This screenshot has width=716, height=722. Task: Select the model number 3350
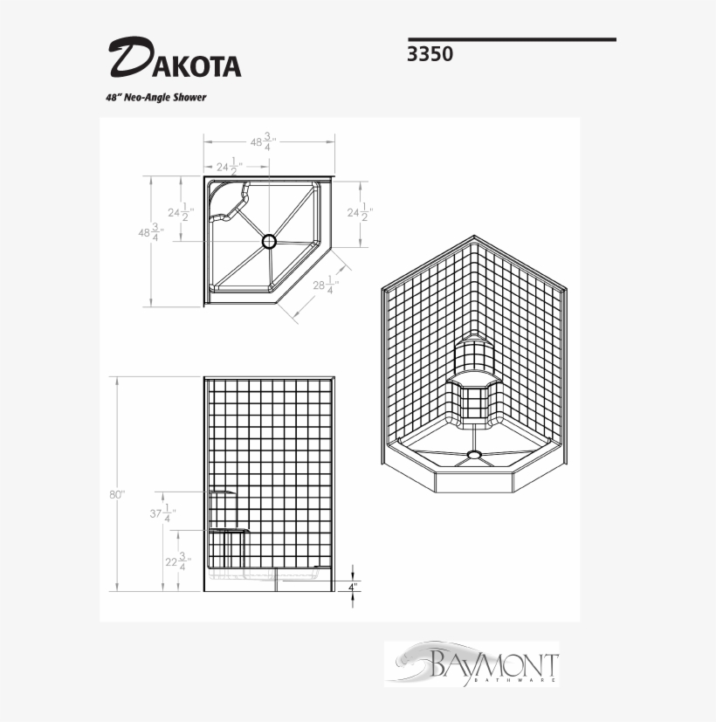click(430, 54)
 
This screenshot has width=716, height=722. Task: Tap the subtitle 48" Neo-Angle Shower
click(155, 98)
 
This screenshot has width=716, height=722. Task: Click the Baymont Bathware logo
click(472, 664)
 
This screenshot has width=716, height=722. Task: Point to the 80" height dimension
click(117, 494)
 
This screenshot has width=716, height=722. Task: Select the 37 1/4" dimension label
click(162, 513)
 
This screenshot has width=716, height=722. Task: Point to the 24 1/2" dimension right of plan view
click(360, 212)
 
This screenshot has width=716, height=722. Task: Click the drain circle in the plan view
click(269, 240)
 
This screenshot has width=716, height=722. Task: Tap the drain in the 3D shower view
click(474, 453)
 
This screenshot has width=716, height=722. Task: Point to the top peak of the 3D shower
click(473, 237)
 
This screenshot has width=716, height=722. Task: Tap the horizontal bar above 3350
click(512, 39)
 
